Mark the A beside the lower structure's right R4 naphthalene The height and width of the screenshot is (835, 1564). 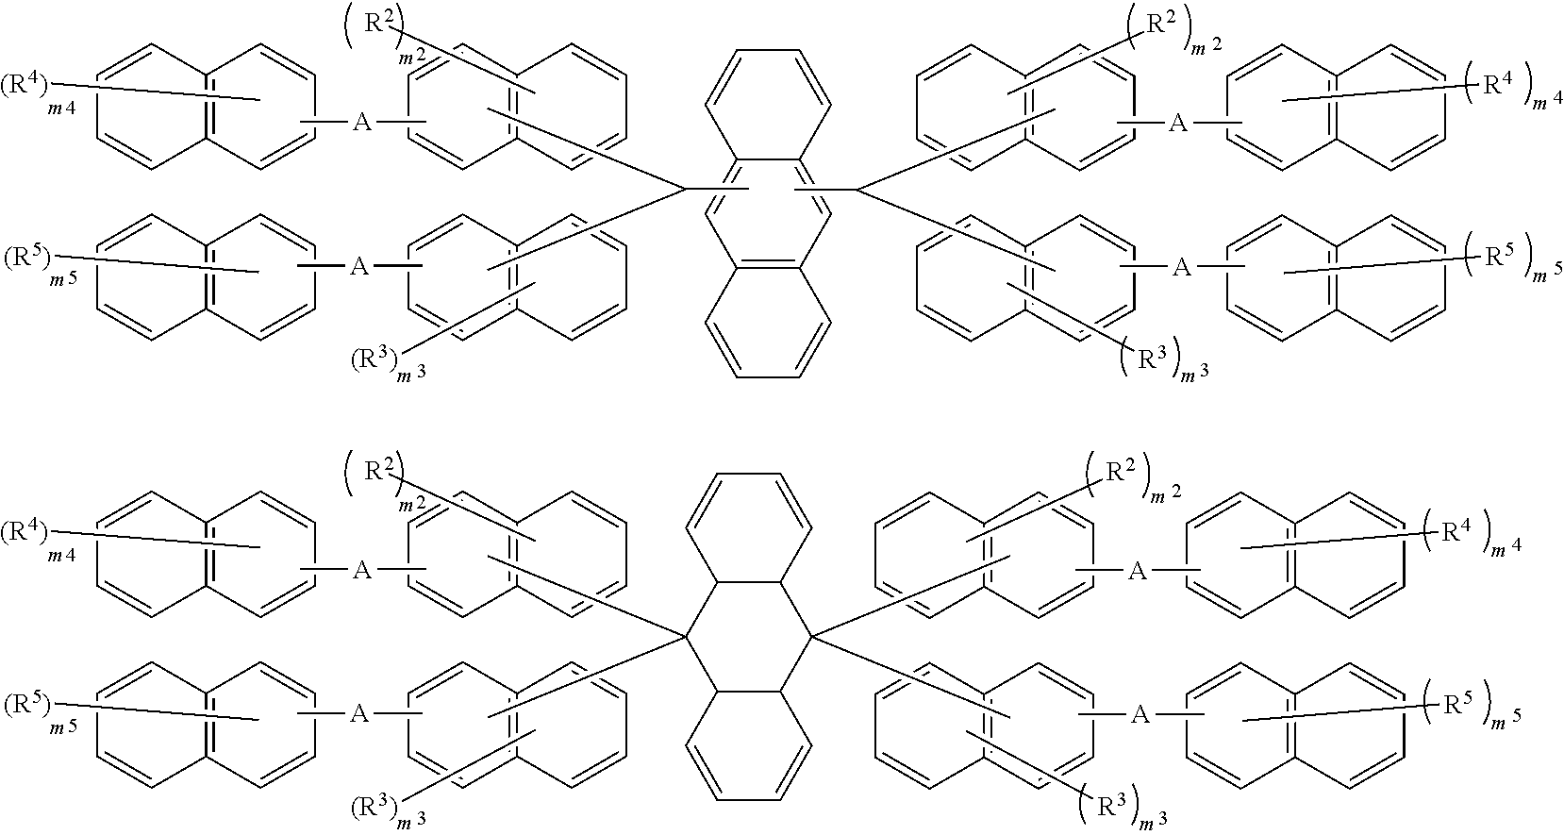1139,571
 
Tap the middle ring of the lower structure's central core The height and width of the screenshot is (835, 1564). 749,642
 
